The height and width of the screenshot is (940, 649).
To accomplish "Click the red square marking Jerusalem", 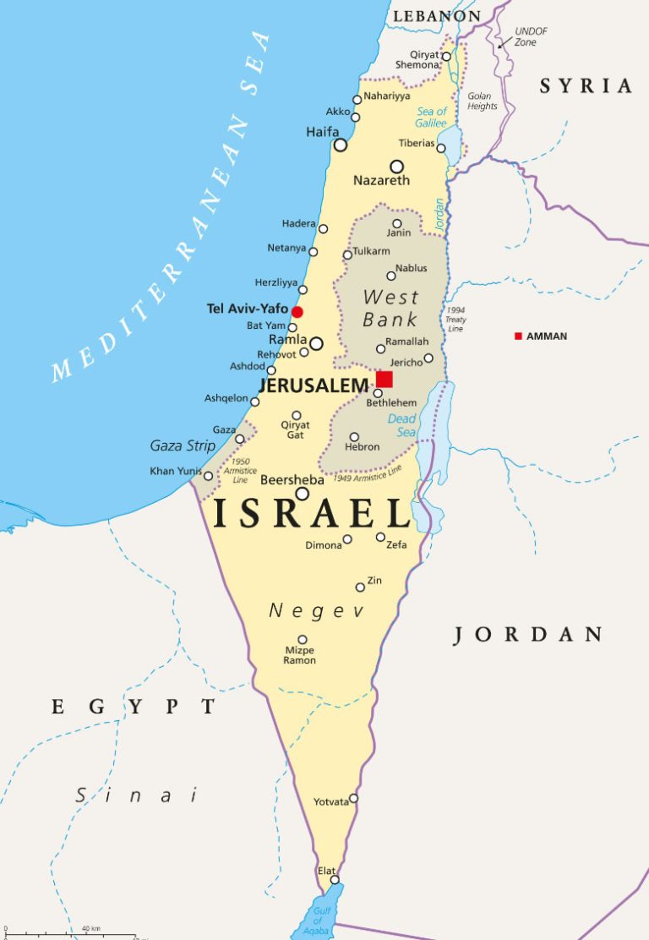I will click(384, 379).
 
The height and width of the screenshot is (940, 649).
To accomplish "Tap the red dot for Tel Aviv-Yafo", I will click(297, 312).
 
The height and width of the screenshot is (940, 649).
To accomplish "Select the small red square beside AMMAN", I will click(518, 336).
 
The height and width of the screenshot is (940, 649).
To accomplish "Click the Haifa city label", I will click(322, 133).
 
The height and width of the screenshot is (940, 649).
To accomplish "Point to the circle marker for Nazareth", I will click(396, 167).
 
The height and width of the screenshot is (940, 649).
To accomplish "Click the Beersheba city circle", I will click(302, 494).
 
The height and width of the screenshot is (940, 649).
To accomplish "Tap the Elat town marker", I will click(335, 880).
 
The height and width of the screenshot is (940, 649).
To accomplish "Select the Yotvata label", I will click(330, 801).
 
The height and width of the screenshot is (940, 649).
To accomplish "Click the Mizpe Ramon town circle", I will click(302, 640).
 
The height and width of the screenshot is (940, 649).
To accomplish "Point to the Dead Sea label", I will click(401, 425).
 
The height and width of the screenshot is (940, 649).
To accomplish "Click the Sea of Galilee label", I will click(431, 117).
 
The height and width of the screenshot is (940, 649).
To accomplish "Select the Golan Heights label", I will click(483, 101).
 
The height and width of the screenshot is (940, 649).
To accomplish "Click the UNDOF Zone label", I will click(531, 36).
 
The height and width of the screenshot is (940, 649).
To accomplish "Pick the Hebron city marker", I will click(354, 437).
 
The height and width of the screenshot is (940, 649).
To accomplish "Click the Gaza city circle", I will click(240, 439).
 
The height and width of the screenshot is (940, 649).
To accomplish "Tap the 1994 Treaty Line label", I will click(456, 320).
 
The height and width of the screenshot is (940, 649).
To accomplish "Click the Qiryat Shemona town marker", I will click(446, 57).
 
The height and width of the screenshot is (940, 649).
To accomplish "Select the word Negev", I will click(316, 611).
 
